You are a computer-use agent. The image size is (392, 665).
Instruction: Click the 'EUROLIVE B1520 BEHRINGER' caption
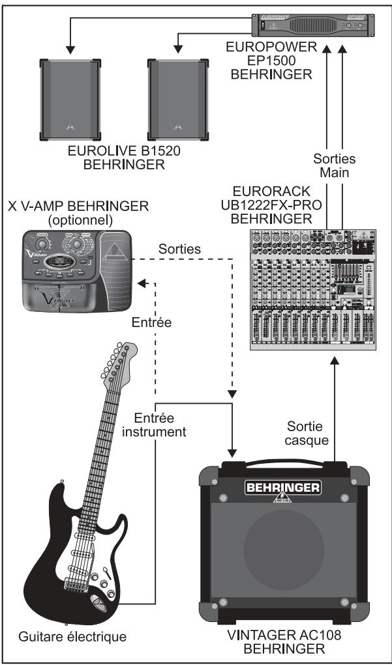pyautogui.click(x=124, y=158)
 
